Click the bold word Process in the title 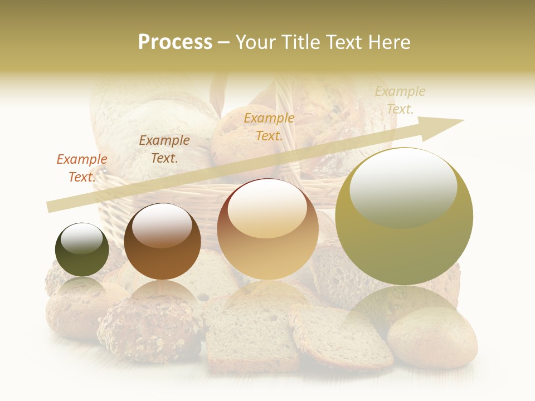175,42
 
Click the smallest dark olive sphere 82,250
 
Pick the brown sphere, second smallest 162,241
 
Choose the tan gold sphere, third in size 268,229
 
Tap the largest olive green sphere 404,217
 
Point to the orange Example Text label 82,168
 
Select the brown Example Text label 164,149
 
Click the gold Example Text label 269,126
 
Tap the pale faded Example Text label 400,100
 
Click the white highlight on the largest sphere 403,187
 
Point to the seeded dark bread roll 149,329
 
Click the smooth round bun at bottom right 432,338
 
